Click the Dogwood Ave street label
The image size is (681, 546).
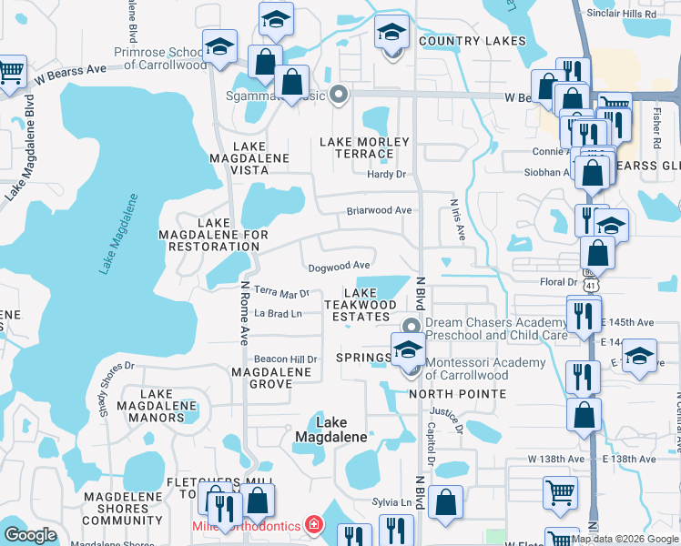[339, 266]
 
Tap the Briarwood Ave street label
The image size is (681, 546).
[379, 210]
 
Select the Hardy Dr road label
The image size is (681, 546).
[386, 174]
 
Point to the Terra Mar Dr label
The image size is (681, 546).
[282, 292]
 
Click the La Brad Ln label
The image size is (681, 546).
[278, 314]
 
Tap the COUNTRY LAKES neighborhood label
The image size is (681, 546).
[473, 41]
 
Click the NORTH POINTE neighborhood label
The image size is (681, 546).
[457, 394]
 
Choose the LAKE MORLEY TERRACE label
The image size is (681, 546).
[364, 148]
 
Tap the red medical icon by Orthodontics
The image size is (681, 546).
[313, 525]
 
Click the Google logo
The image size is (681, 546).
[30, 535]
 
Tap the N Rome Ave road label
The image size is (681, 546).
[244, 311]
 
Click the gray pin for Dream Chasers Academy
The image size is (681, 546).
[412, 327]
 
